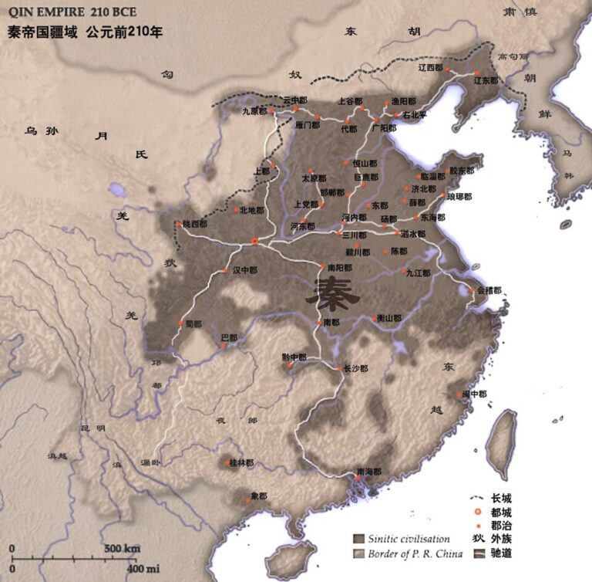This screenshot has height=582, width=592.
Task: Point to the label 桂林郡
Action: coord(240,463)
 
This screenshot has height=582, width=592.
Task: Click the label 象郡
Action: coord(257,496)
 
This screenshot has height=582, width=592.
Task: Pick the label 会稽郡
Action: coord(489,291)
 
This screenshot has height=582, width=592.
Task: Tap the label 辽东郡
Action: coord(487,80)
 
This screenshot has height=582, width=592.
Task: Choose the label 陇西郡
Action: coord(194,224)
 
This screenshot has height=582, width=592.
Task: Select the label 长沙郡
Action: coord(356,369)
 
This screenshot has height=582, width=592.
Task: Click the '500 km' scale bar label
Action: coord(122,548)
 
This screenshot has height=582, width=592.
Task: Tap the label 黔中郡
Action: coord(294,357)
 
